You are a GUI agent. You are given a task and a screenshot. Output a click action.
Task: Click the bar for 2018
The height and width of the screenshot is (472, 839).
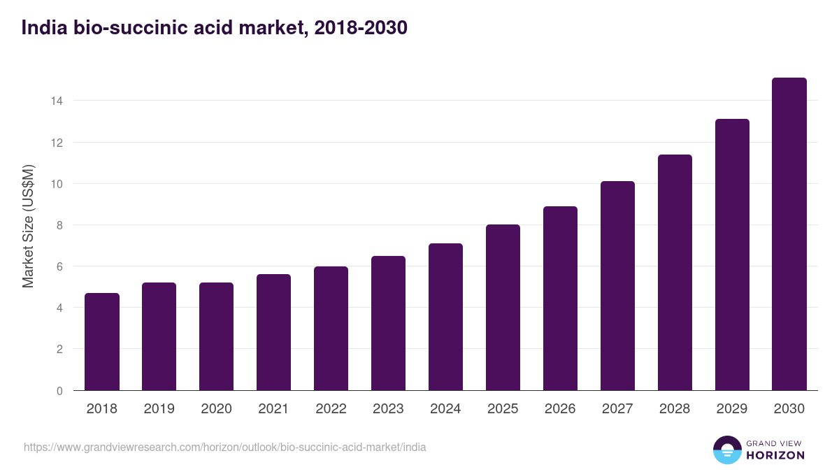coord(102,342)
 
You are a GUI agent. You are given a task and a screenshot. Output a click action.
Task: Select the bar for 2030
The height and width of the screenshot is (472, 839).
coord(789,234)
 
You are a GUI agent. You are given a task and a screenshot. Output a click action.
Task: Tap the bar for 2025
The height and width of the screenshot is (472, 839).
coord(503,308)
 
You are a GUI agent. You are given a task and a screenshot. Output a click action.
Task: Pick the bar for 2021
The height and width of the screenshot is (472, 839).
coord(274,332)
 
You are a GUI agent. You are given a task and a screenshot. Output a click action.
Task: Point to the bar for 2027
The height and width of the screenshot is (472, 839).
coord(617,286)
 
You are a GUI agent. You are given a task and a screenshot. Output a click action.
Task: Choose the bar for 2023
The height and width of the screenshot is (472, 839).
coord(389,323)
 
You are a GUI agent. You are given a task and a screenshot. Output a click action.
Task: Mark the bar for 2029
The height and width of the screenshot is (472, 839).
coord(732,255)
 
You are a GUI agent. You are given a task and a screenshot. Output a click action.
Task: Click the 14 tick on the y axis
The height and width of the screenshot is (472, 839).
coord(57,101)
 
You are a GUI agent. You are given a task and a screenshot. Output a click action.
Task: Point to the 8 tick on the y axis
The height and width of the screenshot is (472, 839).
coord(59,225)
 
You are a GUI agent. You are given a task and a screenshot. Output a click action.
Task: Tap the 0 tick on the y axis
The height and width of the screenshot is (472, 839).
coord(59,391)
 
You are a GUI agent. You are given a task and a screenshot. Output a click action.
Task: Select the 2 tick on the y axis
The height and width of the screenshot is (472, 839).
coord(59,350)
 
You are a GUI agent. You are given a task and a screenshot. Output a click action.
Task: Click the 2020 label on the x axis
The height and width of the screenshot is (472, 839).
coord(217,409)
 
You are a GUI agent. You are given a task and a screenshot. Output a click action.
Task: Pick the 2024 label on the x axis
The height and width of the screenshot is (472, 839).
coord(446,409)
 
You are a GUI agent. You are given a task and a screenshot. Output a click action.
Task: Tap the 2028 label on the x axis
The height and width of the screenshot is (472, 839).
coord(675,409)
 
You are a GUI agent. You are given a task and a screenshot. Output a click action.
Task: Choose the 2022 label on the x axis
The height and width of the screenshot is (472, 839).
coord(331,409)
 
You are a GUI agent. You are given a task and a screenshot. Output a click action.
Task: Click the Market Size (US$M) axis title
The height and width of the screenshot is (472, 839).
coord(28,226)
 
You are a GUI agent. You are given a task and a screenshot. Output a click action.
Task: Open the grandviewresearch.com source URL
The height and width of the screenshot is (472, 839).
coord(224,447)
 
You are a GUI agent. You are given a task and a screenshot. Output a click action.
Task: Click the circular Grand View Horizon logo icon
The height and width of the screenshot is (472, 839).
coord(727,450)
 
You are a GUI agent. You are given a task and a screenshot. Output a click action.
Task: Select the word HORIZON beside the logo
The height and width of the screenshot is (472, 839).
coord(775,455)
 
